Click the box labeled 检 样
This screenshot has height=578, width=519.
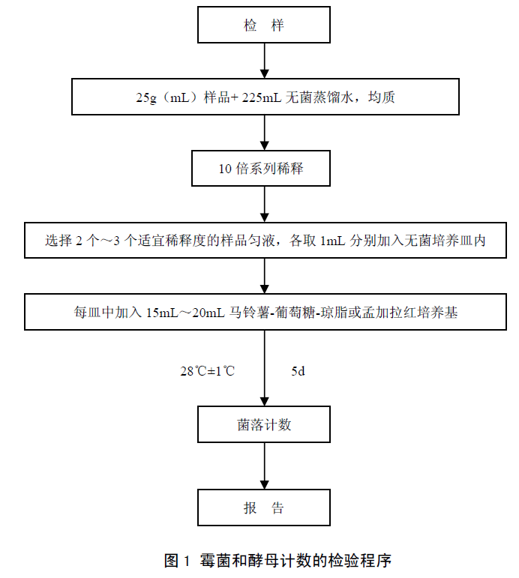[263, 25]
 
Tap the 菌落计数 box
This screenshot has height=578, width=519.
[263, 425]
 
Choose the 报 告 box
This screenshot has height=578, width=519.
[263, 508]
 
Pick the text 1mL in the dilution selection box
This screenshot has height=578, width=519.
[334, 241]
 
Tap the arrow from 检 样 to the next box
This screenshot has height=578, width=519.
[263, 60]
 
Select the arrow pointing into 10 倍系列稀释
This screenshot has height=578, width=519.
[263, 133]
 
